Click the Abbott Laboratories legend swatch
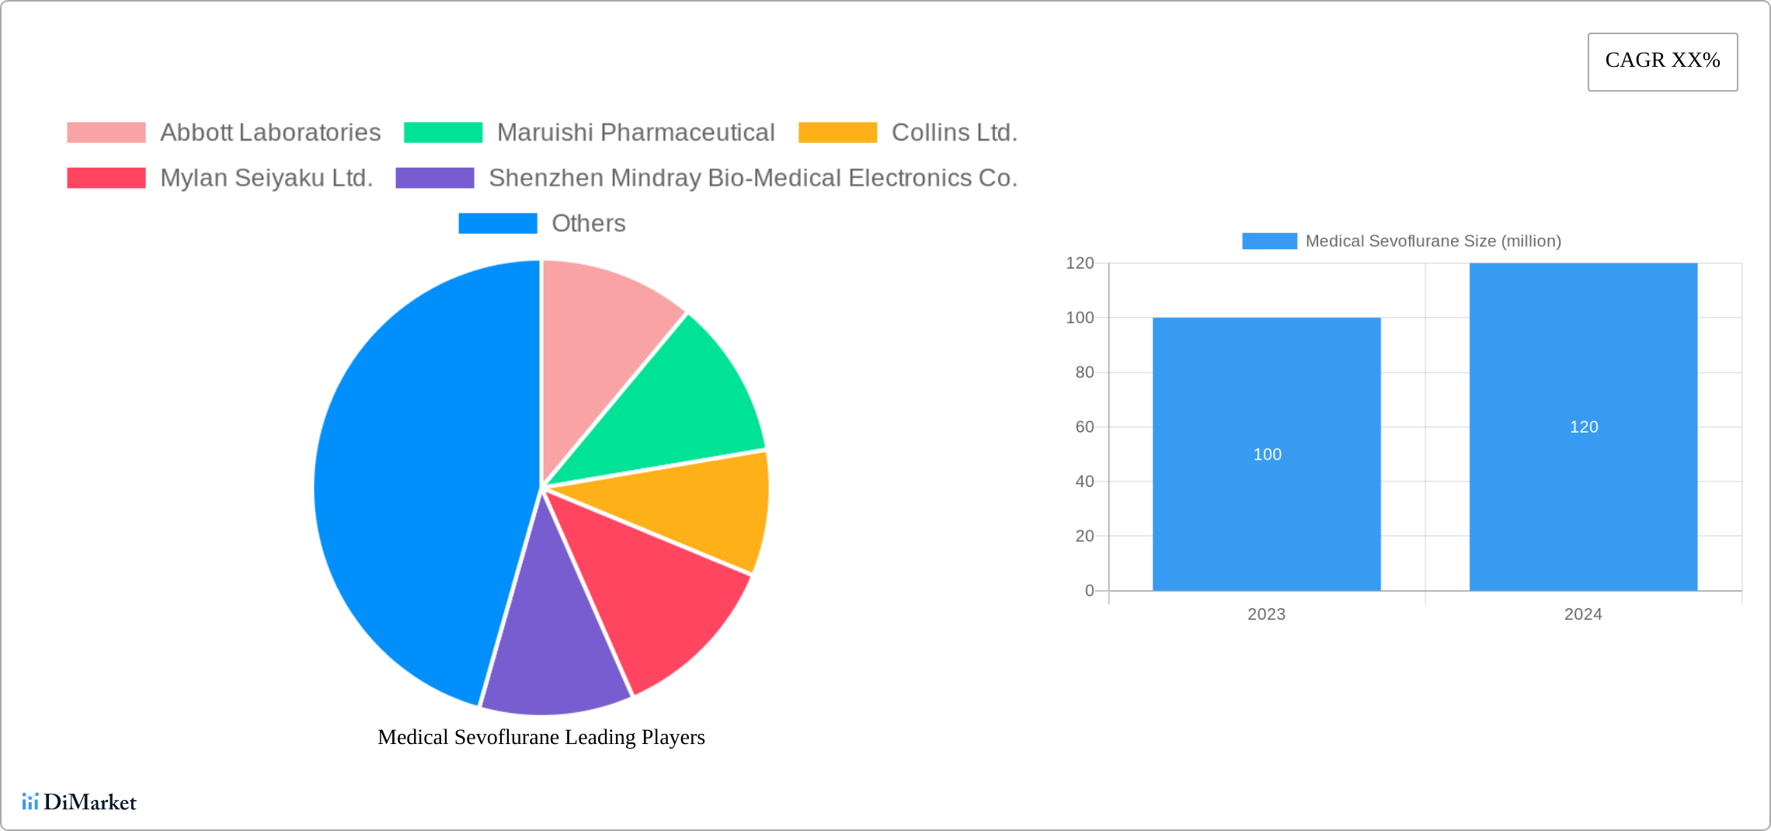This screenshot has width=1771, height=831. [106, 133]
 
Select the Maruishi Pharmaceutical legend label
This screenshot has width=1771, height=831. [635, 133]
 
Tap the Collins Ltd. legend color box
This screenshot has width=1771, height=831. [837, 133]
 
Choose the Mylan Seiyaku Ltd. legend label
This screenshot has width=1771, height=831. [266, 178]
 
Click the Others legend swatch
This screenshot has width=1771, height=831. [497, 224]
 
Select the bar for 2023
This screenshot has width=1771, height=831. [1266, 505]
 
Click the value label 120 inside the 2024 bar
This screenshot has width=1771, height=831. [1583, 427]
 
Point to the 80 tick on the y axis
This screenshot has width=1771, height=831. [1084, 373]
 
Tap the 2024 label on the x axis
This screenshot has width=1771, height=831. [1582, 614]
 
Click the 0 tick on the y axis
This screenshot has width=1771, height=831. [1089, 591]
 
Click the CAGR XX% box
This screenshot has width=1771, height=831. [1662, 61]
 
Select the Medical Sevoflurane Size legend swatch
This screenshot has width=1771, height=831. [1269, 242]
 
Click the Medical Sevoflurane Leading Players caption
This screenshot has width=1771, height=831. [541, 737]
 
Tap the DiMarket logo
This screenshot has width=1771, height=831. [79, 802]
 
